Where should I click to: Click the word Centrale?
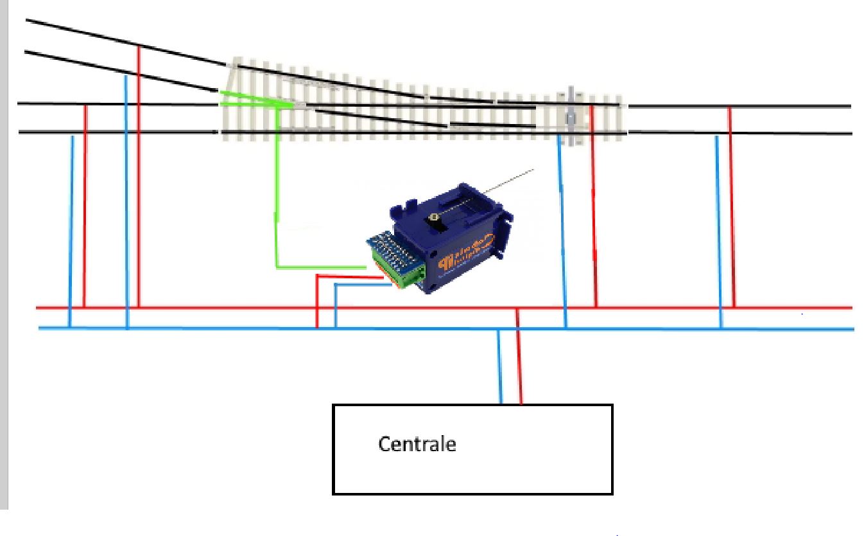[417, 443]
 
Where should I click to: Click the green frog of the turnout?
[257, 100]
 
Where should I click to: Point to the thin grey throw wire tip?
[531, 170]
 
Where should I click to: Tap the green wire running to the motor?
[277, 193]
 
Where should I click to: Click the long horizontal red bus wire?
[193, 308]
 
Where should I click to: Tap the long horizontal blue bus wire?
[193, 328]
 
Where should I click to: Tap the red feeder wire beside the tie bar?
[593, 206]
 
